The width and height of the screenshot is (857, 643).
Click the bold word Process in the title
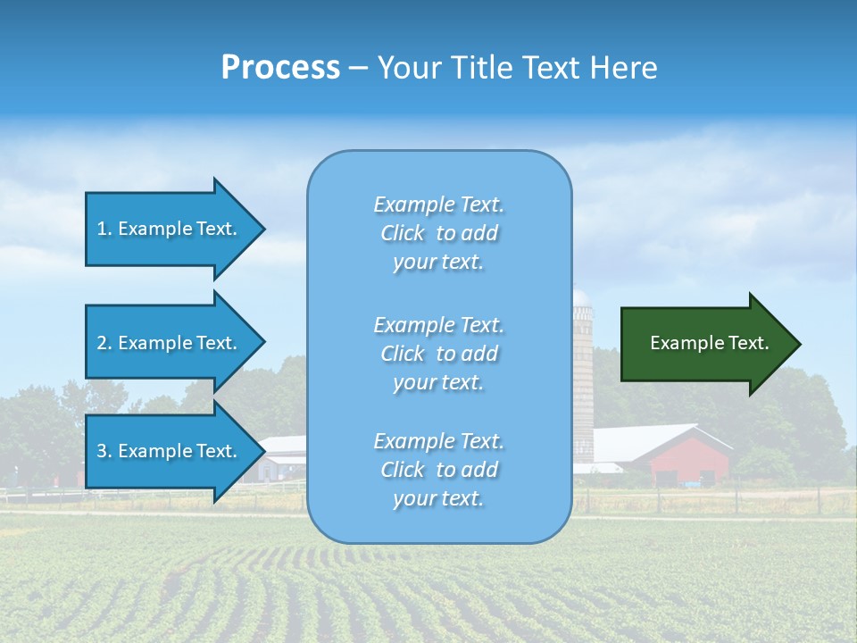[x=280, y=68]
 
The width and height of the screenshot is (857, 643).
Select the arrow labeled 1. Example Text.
[x=170, y=229]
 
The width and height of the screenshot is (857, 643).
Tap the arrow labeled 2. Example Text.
[x=170, y=343]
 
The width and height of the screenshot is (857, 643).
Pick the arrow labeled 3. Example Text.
[x=170, y=451]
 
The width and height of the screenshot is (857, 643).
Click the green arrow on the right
[x=705, y=344]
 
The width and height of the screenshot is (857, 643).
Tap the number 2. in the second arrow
[x=104, y=343]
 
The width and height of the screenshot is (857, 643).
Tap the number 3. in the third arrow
[x=104, y=451]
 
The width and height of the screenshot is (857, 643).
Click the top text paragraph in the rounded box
[x=439, y=233]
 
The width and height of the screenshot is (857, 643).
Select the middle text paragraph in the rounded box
[x=439, y=354]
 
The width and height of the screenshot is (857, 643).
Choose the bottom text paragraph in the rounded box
[x=439, y=470]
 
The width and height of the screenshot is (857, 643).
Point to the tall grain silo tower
[x=583, y=375]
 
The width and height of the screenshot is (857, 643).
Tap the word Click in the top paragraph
[x=403, y=233]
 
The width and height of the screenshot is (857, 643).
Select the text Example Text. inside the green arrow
[x=710, y=343]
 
